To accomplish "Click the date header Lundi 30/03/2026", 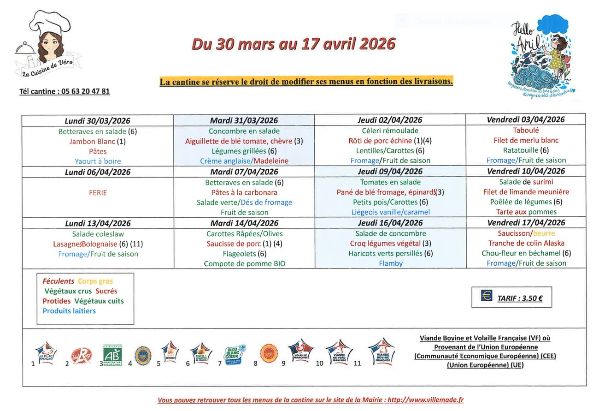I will (x=98, y=121).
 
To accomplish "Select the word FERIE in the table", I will (x=98, y=192).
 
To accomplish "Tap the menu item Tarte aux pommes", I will (x=526, y=212).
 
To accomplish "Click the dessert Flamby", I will (x=391, y=263).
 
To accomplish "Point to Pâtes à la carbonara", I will (x=244, y=192).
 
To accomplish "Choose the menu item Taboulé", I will (x=526, y=130).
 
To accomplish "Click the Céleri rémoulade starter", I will (x=390, y=131).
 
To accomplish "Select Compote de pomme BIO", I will (x=244, y=264).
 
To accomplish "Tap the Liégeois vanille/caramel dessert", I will (x=390, y=212).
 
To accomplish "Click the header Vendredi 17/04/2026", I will (x=526, y=223).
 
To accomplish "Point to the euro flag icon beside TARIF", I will (x=487, y=296).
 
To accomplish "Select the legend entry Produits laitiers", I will (x=69, y=311).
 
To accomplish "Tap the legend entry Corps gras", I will (x=95, y=281).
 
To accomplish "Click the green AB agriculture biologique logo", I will (x=112, y=355).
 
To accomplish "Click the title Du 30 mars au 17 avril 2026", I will (x=294, y=44).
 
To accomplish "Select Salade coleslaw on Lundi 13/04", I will (x=98, y=234).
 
